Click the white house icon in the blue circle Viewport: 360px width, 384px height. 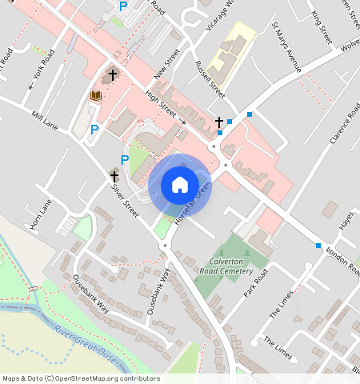click(x=180, y=185)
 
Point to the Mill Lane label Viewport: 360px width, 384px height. click(x=46, y=121)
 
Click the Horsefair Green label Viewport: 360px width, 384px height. click(x=192, y=202)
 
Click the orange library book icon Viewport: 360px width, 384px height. click(x=95, y=96)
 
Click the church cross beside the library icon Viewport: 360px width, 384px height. click(x=113, y=76)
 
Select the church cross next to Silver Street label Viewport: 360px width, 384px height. click(x=114, y=174)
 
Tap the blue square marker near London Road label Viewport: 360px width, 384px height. click(x=318, y=246)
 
